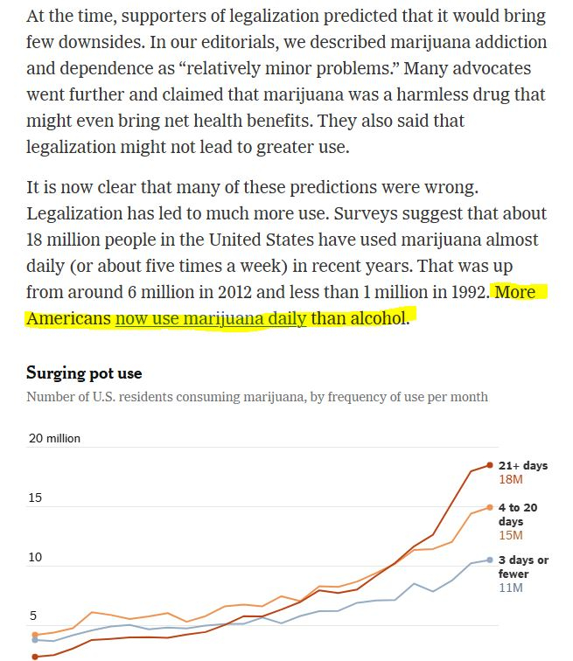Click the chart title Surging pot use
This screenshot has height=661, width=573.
tap(84, 373)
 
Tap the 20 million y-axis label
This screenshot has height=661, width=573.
tap(54, 438)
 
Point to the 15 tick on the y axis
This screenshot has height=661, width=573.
tap(34, 497)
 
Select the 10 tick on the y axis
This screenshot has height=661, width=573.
tap(34, 557)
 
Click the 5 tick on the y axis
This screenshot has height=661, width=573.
tap(31, 616)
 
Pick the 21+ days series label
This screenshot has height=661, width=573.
tap(522, 466)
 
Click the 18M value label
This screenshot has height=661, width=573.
tap(510, 480)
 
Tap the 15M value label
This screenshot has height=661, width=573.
tap(510, 535)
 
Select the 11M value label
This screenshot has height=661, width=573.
tap(510, 588)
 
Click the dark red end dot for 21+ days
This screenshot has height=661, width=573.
tap(490, 465)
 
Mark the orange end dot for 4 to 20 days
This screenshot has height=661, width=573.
tap(490, 507)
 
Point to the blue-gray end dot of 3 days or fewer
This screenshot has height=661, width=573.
tap(490, 560)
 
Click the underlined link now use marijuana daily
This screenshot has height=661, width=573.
tap(211, 318)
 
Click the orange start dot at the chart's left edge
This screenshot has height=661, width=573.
tap(34, 635)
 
